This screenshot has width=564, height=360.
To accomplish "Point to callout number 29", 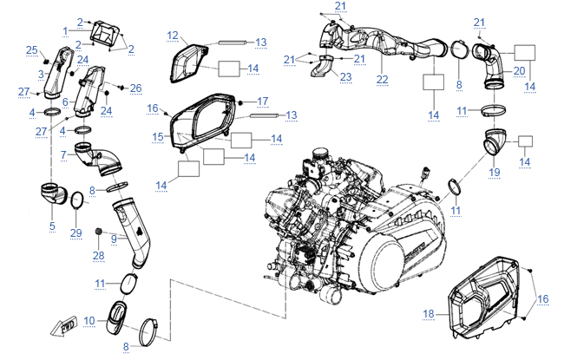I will tap(75, 233).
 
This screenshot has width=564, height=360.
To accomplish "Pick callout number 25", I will tap(31, 49).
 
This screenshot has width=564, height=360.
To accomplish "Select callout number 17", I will tap(262, 101).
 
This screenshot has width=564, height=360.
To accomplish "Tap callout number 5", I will tap(52, 227).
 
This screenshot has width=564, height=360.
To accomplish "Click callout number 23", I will tap(345, 77).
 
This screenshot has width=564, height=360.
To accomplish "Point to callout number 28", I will tap(98, 255).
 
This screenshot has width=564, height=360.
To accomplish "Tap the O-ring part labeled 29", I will tap(75, 203).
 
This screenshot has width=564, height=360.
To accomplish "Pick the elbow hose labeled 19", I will tap(496, 143).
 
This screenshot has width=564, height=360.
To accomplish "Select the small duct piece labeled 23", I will tap(325, 68).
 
